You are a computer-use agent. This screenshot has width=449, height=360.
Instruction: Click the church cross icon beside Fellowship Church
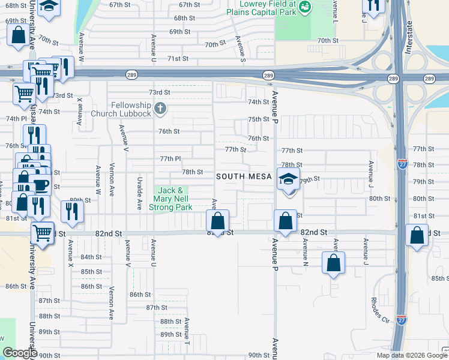click(160, 109)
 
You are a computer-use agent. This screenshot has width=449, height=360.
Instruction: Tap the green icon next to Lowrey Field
click(305, 7)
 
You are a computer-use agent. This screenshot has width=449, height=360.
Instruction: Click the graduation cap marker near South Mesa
click(288, 179)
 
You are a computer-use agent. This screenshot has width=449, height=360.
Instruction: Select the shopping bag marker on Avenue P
click(285, 220)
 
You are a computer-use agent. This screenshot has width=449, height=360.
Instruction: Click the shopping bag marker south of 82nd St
click(334, 262)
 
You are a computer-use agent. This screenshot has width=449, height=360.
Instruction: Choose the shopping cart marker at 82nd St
click(42, 232)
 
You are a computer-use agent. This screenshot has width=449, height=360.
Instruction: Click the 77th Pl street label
click(170, 158)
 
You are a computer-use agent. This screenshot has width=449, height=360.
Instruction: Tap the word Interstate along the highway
click(409, 38)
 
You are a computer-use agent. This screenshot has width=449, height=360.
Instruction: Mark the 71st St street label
click(178, 59)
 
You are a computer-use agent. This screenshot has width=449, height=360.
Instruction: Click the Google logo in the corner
click(20, 353)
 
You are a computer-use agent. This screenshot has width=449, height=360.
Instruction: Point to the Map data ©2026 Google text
click(411, 355)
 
